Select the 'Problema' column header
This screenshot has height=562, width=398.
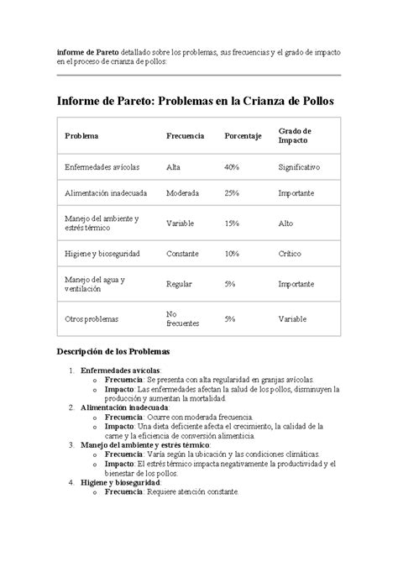81,136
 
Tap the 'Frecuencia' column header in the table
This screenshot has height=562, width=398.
186,136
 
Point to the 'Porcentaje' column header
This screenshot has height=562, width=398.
244,136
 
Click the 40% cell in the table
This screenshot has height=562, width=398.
232,167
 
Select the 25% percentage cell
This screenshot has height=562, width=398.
232,193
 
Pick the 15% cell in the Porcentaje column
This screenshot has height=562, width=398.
232,223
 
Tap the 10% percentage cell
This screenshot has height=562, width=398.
232,253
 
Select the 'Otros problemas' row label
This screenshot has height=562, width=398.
92,319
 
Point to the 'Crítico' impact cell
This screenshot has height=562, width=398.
291,253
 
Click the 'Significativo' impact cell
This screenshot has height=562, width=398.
299,167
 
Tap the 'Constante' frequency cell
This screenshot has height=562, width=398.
183,253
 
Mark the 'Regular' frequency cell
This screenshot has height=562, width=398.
180,284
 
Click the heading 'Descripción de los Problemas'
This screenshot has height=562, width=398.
113,350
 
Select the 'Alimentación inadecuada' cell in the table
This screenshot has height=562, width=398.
106,193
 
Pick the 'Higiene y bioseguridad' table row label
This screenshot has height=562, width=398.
102,253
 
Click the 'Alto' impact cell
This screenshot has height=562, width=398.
286,223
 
